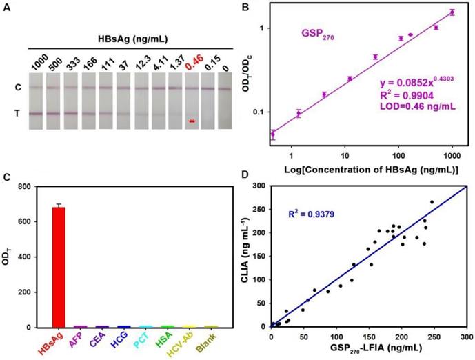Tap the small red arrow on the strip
point(193,121)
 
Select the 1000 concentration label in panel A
point(39,66)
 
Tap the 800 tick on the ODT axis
point(24,186)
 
